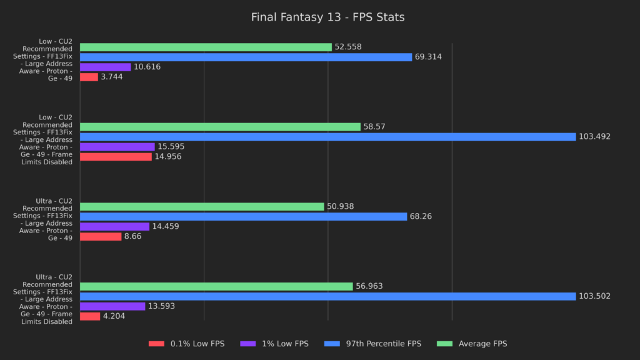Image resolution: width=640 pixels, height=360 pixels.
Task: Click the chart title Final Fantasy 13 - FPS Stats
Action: (x=327, y=17)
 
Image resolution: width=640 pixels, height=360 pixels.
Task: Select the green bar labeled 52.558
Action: (x=206, y=47)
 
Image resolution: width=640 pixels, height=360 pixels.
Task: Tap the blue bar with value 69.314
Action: (x=246, y=57)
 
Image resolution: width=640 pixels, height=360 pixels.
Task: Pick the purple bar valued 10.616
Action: (x=105, y=67)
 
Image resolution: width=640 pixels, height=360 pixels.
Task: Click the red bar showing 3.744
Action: (x=89, y=77)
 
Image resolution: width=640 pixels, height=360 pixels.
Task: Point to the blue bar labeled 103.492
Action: (x=327, y=137)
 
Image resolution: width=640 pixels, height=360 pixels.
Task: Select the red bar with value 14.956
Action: (x=116, y=157)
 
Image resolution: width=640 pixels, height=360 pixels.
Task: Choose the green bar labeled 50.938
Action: (x=202, y=206)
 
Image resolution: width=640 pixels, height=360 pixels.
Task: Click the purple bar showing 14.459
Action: (x=114, y=226)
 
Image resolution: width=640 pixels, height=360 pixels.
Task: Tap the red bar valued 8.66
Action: (x=101, y=236)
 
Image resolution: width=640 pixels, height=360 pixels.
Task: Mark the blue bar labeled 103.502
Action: (x=327, y=296)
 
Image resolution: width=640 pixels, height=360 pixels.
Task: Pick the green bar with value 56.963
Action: (x=216, y=286)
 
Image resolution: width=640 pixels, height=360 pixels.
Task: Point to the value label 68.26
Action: (x=421, y=216)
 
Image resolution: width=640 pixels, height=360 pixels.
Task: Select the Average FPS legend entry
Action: (x=482, y=344)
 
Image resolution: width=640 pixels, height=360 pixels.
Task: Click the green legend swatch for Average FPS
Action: (x=445, y=344)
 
